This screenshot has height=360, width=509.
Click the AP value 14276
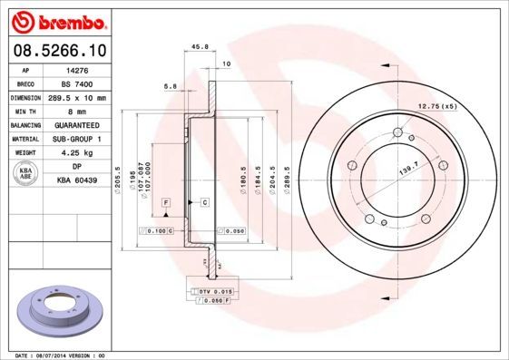pos(79,69)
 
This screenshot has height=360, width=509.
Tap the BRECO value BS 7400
pos(79,83)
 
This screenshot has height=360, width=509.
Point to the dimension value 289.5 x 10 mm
pos(79,97)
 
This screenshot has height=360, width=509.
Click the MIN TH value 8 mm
pos(79,111)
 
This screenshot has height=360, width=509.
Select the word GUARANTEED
pos(79,125)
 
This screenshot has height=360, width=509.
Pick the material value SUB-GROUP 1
pos(79,139)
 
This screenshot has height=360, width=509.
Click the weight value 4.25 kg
pos(79,153)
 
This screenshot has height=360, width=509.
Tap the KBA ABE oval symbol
pos(26,173)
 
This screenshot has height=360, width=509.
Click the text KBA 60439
pos(79,180)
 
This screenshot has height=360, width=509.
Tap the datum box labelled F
pos(167,200)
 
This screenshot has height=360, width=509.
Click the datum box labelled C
pos(205,200)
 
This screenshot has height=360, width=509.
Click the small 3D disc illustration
pos(58,310)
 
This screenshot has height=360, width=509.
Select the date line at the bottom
pos(56,355)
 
